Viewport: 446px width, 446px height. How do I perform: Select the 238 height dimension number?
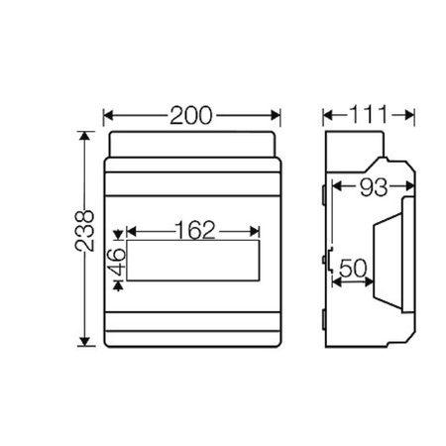click(86, 230)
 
